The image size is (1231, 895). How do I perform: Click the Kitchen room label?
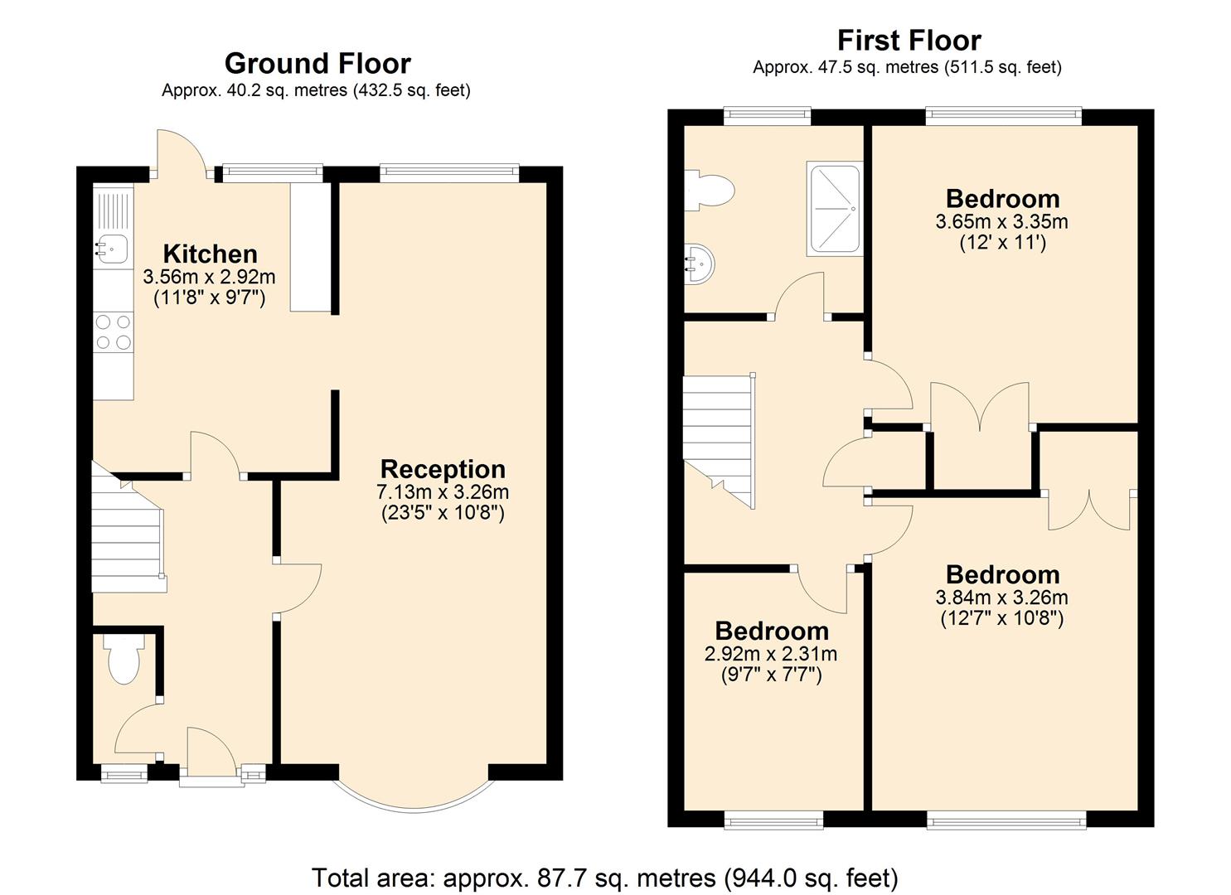(x=210, y=254)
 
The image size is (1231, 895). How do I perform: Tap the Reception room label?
(x=443, y=469)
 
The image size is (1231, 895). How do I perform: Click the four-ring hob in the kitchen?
(x=113, y=331)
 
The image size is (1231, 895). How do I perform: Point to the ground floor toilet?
(x=124, y=660)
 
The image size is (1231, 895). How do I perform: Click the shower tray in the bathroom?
(x=834, y=209)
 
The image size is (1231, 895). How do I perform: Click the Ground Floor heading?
(x=317, y=64)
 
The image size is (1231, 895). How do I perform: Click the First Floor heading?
(x=909, y=40)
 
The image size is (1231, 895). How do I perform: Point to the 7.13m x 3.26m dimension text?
(x=443, y=491)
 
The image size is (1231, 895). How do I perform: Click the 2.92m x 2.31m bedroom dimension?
(x=771, y=654)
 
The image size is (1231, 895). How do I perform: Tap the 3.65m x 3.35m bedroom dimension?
(x=1002, y=221)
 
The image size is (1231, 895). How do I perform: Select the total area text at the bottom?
(x=604, y=877)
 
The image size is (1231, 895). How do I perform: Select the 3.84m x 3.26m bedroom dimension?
(x=1002, y=597)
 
